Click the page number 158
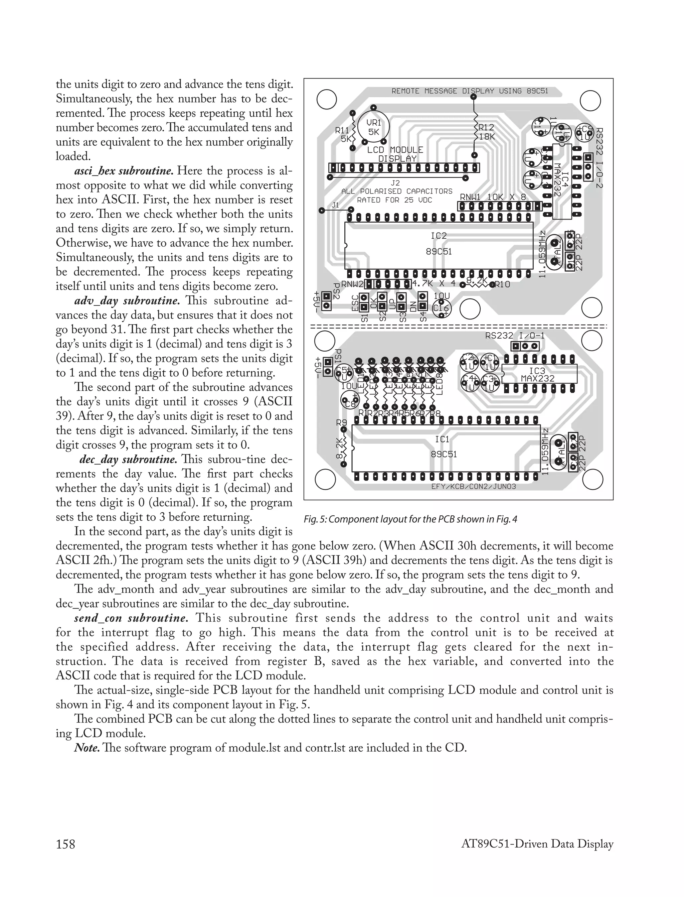pos(65,844)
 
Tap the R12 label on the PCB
pos(486,128)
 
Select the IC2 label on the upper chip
pos(439,236)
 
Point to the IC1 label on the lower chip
pos(442,439)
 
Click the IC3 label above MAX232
pos(537,371)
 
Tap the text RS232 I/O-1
pos(515,336)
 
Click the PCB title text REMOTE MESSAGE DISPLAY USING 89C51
pos(470,91)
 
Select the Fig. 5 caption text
pos(410,519)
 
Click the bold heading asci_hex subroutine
pos(124,171)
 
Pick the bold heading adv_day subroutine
pos(127,301)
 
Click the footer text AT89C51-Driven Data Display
pos(537,844)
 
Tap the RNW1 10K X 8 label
pos(493,197)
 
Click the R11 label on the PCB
pos(342,131)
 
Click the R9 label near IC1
pos(341,423)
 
